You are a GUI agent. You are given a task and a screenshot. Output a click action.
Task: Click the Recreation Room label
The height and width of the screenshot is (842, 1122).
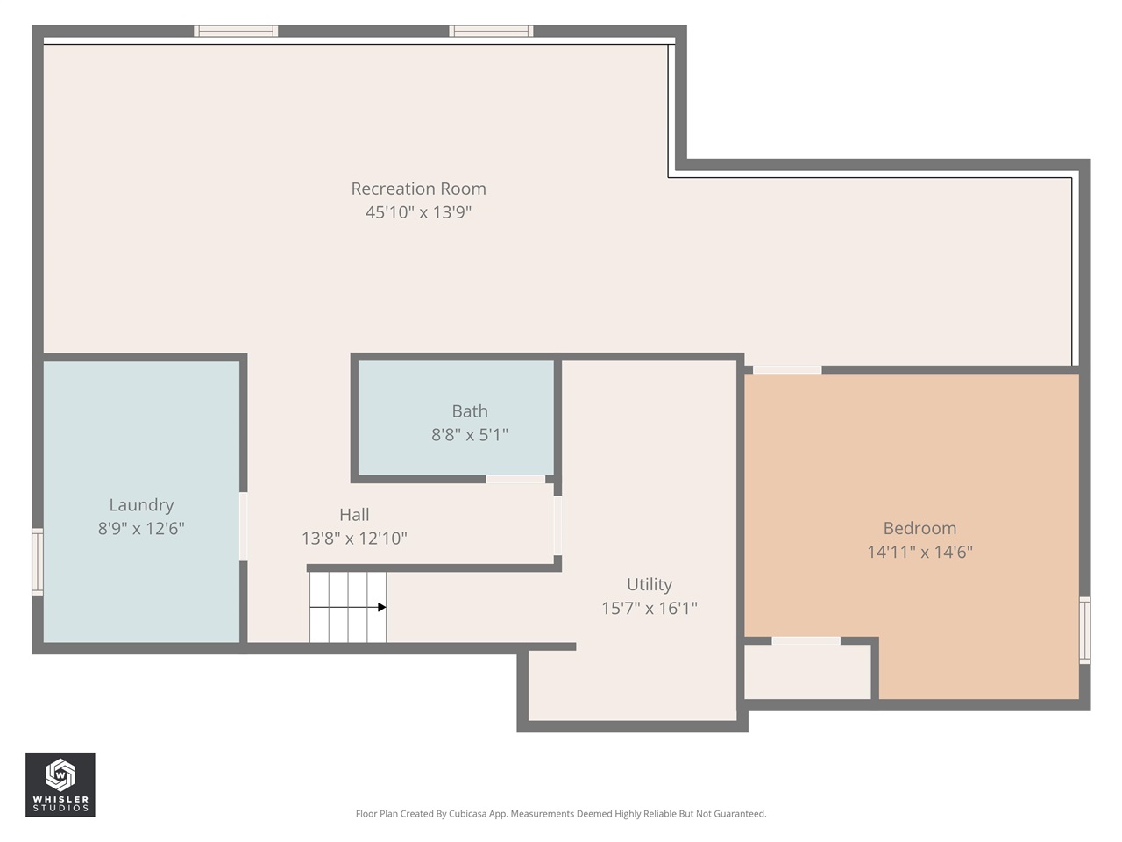[x=418, y=189]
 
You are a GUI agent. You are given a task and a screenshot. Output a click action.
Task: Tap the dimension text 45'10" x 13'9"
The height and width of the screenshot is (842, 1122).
[x=418, y=212]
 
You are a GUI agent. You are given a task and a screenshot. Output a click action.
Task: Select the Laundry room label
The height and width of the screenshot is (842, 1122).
[x=141, y=505]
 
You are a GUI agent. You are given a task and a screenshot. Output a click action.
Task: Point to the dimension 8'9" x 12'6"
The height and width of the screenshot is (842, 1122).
[x=141, y=529]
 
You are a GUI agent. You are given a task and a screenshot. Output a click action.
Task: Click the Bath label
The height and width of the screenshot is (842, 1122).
[x=470, y=411]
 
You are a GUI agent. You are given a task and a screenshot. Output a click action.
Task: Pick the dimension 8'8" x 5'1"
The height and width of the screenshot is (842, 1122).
[x=470, y=435]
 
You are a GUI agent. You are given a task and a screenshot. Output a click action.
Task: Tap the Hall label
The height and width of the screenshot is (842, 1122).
[x=354, y=515]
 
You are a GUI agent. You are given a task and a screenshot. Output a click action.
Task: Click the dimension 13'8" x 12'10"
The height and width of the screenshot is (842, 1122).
[x=354, y=539]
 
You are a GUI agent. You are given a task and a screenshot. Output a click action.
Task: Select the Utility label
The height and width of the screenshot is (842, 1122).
[x=650, y=585]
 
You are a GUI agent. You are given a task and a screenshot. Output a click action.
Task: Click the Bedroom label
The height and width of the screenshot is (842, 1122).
[x=920, y=529]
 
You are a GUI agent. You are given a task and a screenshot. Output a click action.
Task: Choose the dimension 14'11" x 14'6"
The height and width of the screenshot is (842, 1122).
[x=920, y=553]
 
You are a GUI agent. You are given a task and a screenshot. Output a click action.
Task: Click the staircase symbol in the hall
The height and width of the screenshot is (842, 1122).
[x=348, y=607]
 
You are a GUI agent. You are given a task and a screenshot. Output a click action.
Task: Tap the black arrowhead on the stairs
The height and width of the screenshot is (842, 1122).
[x=382, y=607]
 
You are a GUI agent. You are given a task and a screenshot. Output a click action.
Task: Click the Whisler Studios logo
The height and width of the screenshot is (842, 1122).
[x=60, y=784]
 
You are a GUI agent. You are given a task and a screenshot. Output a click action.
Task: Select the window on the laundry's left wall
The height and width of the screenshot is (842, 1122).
[x=38, y=561]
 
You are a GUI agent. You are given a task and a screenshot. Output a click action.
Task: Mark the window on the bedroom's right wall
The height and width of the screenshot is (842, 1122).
[x=1084, y=630]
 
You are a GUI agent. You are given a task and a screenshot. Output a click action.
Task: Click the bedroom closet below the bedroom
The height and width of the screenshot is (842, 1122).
[x=807, y=672]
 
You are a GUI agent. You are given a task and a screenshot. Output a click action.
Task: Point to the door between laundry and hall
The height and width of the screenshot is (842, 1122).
[x=244, y=526]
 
